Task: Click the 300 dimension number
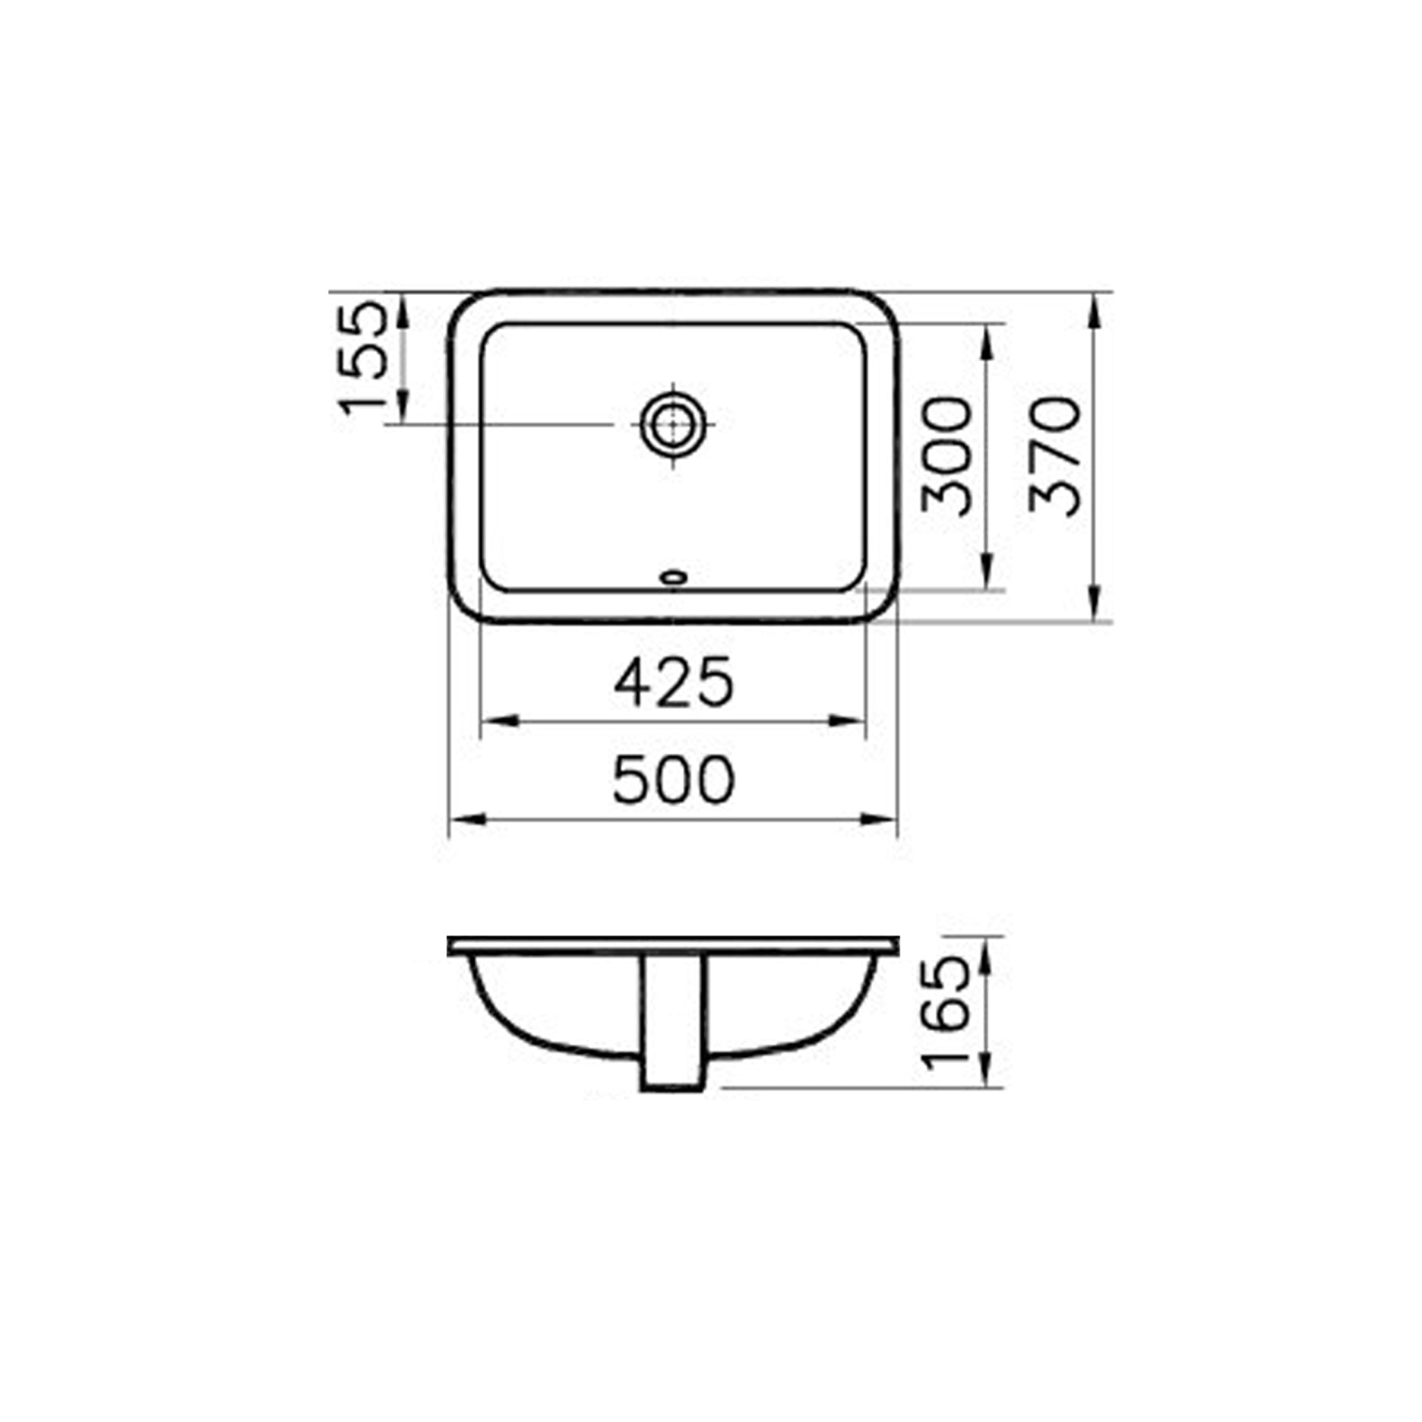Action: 946,456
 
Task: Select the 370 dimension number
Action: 1054,456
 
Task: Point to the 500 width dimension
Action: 674,780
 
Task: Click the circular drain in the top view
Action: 673,425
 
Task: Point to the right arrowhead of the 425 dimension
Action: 848,721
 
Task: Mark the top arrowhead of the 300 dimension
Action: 988,339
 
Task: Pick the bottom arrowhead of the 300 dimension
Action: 988,575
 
